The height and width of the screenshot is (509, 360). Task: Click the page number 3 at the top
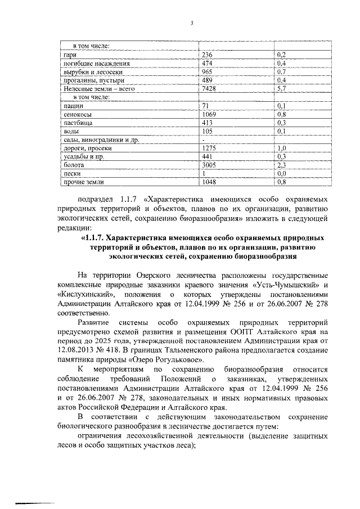click(191, 23)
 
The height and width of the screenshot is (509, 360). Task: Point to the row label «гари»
click(68, 54)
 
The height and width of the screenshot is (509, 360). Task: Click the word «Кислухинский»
click(87, 294)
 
